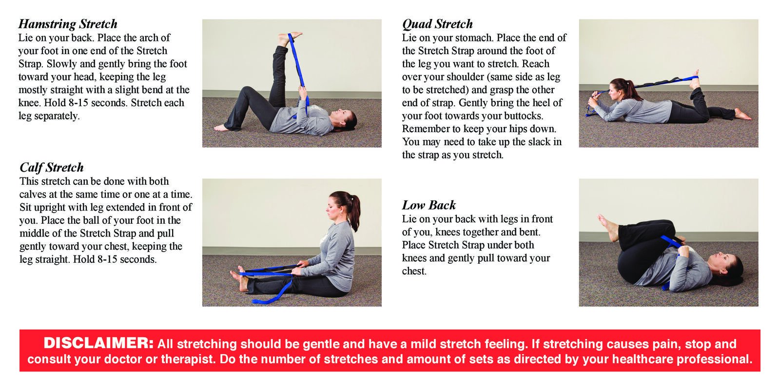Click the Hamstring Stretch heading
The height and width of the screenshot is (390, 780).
click(x=68, y=24)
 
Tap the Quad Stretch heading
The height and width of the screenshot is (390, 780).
click(x=437, y=24)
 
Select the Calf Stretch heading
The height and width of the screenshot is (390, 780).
click(x=52, y=168)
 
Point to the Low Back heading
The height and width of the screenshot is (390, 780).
click(x=429, y=205)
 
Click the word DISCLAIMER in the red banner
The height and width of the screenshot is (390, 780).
click(x=98, y=343)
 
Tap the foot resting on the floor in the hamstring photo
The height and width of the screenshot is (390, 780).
click(x=222, y=128)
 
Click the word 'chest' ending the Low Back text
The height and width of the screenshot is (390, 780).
click(x=414, y=271)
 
